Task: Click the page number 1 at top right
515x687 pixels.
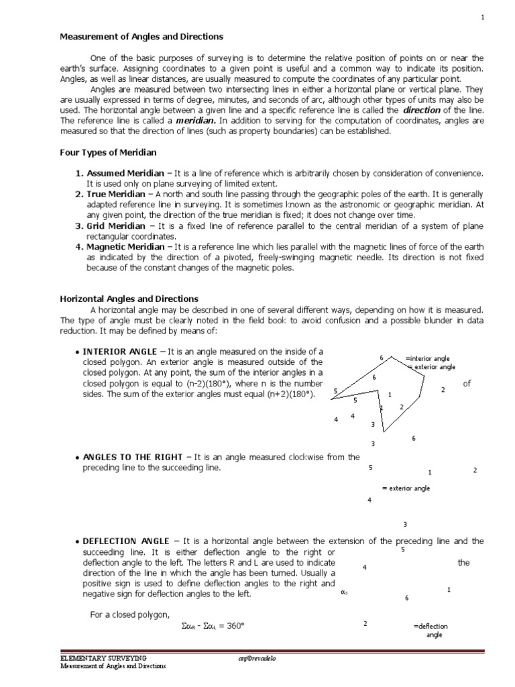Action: point(482,17)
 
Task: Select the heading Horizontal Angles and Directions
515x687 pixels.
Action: point(129,299)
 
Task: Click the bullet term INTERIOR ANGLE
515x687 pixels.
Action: point(121,352)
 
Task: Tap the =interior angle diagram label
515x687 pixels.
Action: point(427,359)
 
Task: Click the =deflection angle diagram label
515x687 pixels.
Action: point(431,630)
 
